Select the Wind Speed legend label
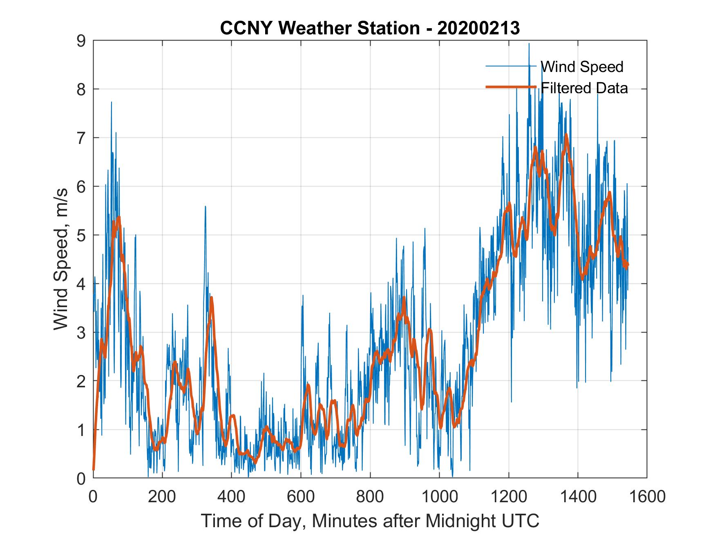pyautogui.click(x=582, y=67)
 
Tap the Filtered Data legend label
pyautogui.click(x=584, y=88)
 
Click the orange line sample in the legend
pyautogui.click(x=511, y=87)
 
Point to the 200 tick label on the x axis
pyautogui.click(x=162, y=497)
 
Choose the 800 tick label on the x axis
pyautogui.click(x=370, y=497)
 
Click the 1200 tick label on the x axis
pyautogui.click(x=508, y=497)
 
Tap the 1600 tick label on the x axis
pyautogui.click(x=647, y=497)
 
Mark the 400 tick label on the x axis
pyautogui.click(x=231, y=497)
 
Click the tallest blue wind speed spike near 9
pyautogui.click(x=529, y=44)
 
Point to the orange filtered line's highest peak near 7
pyautogui.click(x=566, y=135)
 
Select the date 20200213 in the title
pyautogui.click(x=478, y=28)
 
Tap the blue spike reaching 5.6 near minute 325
pyautogui.click(x=205, y=207)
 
